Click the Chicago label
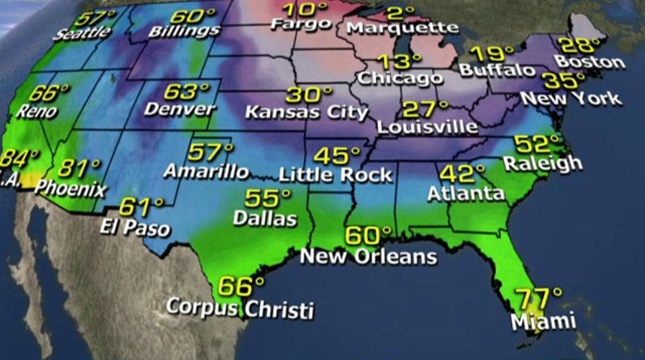(400, 77)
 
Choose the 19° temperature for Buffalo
(492, 53)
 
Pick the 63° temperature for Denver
(185, 92)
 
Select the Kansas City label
(306, 112)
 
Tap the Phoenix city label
(70, 189)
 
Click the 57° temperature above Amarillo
(209, 153)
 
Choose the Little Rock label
(335, 174)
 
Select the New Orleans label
(368, 256)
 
